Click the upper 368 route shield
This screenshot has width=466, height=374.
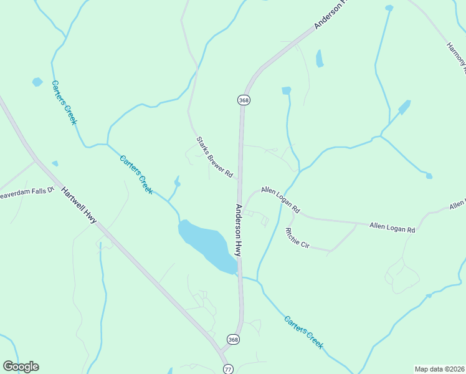(243, 100)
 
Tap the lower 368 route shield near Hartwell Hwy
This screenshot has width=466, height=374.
(233, 340)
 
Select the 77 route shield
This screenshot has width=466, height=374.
(229, 369)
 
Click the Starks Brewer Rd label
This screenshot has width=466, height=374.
(214, 158)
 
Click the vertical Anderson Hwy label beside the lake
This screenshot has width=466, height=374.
(238, 229)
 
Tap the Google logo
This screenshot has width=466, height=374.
(21, 367)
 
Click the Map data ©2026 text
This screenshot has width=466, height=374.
(439, 369)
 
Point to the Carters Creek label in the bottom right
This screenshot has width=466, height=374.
(303, 332)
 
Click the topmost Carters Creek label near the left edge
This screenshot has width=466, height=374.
(64, 102)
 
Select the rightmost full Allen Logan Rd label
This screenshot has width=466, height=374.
(392, 228)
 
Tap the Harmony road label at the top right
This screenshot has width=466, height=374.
(456, 52)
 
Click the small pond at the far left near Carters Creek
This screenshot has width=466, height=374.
(37, 82)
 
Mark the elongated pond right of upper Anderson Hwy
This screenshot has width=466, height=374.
(320, 59)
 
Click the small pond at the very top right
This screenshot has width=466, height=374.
(389, 8)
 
